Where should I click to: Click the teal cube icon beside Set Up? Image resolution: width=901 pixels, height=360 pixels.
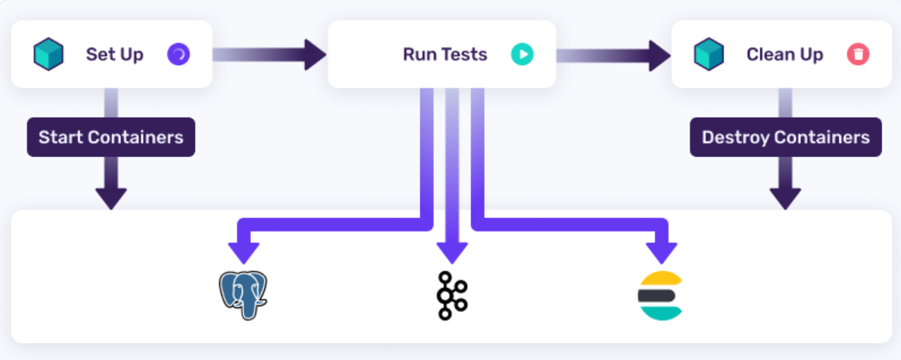coord(49,54)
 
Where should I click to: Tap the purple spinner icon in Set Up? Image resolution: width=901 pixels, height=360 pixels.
coord(178,54)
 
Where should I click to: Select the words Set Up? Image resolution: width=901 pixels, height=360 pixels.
coord(114,54)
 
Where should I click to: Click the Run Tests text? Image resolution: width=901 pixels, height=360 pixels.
coord(445,54)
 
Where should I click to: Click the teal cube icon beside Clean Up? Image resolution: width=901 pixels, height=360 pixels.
coord(709,54)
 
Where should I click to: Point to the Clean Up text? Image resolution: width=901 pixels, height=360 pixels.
coord(784,54)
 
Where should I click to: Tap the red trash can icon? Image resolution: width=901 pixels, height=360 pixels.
coord(858,54)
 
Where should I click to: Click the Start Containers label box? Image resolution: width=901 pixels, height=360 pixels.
coord(111,137)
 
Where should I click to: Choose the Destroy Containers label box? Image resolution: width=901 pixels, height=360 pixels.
coord(786,137)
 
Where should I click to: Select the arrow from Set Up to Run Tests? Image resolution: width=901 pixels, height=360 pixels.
coord(269,55)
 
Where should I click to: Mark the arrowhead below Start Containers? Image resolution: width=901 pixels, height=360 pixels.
coord(111,198)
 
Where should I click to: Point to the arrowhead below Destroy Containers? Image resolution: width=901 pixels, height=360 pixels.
coord(785,198)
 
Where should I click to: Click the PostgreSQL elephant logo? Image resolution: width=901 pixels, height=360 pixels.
coord(244,294)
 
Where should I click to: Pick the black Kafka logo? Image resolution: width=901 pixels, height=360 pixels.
coord(452,295)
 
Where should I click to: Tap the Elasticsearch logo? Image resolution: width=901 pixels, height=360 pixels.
coord(660,295)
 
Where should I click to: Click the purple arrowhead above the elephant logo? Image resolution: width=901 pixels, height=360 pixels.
coord(244,251)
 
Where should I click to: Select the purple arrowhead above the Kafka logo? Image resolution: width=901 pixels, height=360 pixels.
coord(452,251)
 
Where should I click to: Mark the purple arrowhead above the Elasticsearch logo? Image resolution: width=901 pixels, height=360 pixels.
coord(661,251)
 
